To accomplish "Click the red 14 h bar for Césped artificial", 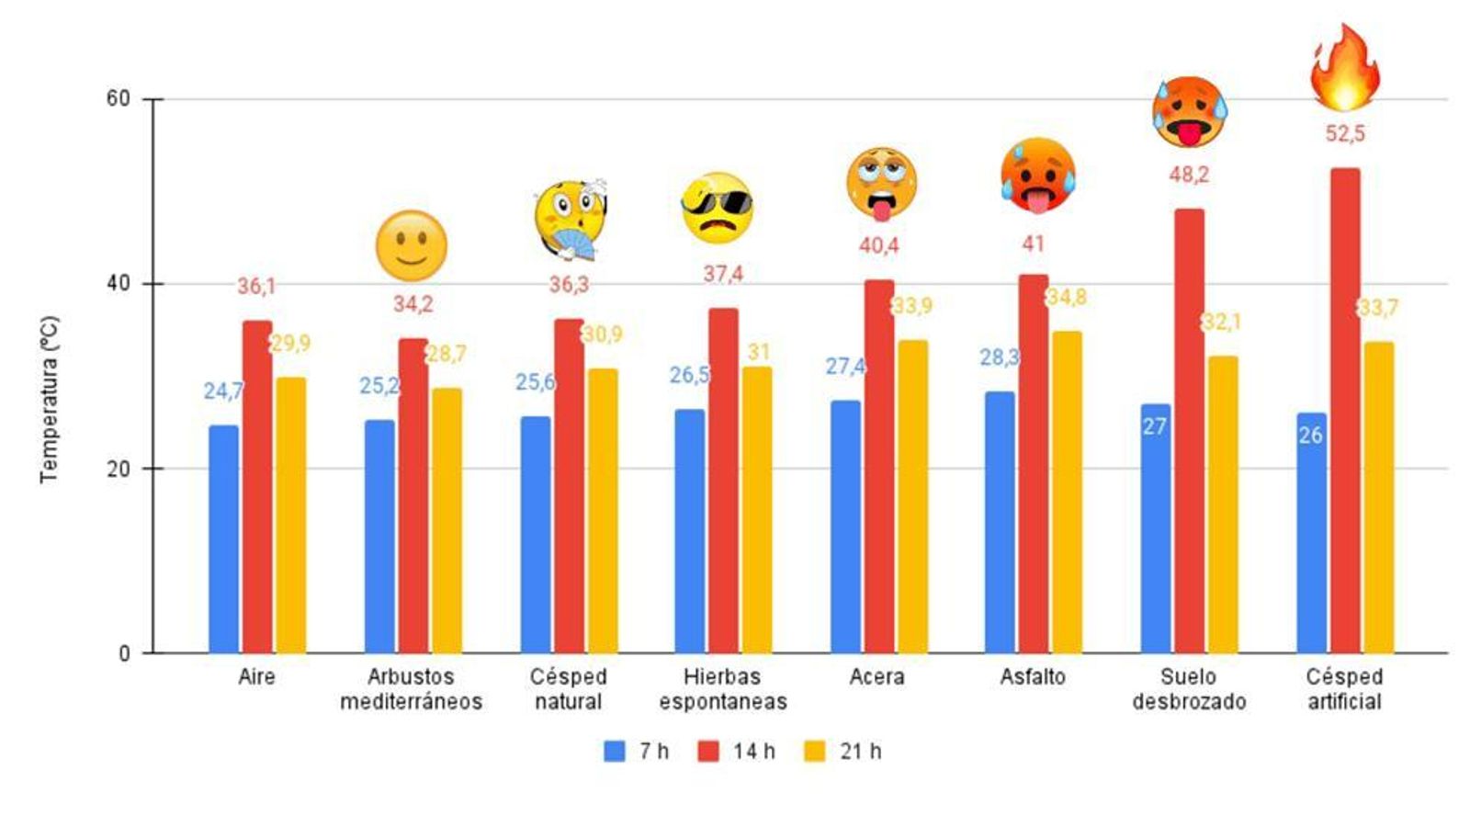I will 1345,411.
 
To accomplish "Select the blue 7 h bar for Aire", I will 223,539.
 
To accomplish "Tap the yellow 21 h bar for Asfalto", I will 1067,493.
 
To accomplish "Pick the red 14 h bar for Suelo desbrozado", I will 1189,431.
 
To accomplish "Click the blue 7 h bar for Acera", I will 845,527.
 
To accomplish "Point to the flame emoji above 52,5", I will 1344,69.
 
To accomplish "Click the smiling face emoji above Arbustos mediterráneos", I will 411,245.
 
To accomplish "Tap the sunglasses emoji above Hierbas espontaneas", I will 718,207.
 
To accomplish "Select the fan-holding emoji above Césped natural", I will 570,219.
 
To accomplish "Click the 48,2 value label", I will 1189,175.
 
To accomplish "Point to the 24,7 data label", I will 223,391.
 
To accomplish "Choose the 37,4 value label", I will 723,274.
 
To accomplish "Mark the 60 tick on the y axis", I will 119,98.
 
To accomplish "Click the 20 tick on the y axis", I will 119,469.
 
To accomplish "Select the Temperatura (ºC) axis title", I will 50,400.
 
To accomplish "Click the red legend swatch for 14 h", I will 708,751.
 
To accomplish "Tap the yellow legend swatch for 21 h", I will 815,751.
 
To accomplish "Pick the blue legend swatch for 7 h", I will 615,751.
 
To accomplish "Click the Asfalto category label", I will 1033,677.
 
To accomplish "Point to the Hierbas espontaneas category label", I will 723,689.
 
